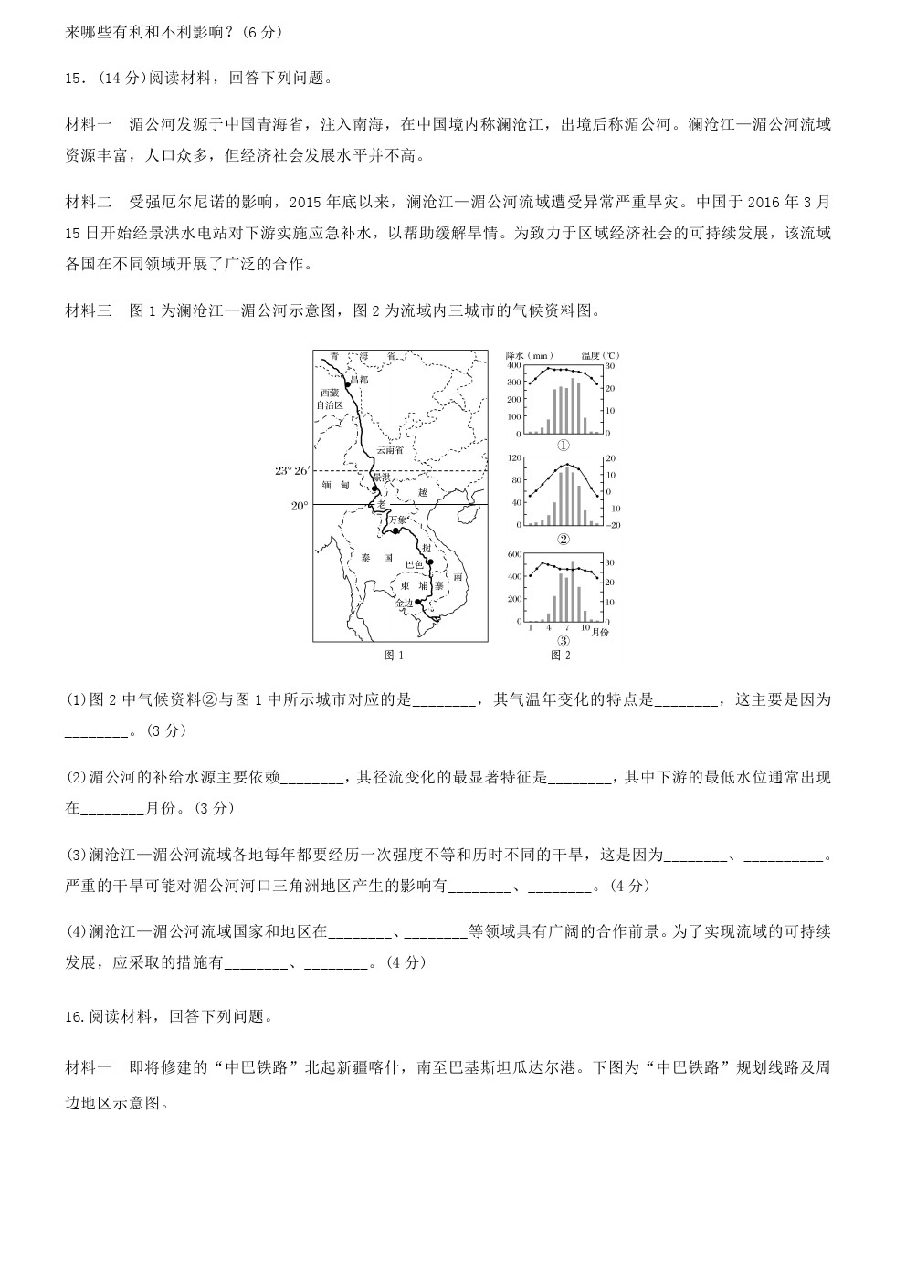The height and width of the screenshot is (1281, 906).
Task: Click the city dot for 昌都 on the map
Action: [347, 385]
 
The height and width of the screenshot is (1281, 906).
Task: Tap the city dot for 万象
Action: [397, 530]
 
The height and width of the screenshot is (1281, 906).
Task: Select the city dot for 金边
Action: [417, 603]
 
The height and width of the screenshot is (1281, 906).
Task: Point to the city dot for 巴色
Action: [428, 562]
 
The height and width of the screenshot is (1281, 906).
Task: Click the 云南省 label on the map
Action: [390, 450]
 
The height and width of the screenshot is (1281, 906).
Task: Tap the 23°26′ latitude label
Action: [293, 471]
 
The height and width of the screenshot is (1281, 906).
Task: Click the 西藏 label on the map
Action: [328, 392]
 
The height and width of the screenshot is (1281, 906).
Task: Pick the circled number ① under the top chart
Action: [564, 446]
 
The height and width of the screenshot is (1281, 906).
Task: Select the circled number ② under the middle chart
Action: [564, 538]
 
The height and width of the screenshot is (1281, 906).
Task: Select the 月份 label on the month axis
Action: [599, 631]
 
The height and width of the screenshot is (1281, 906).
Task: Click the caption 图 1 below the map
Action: [395, 655]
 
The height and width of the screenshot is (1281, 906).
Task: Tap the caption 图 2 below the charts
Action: [560, 655]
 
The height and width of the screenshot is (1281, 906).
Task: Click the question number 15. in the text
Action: [76, 79]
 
